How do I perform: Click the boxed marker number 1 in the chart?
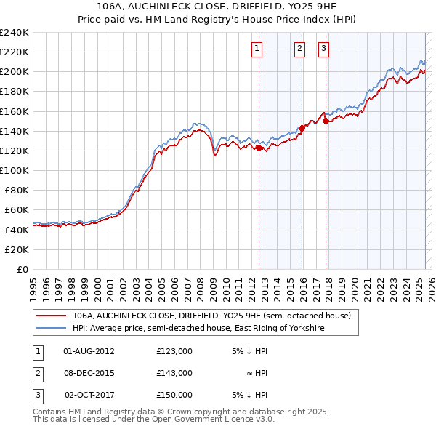click(258, 49)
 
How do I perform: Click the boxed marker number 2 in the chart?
click(299, 49)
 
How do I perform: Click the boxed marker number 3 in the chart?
click(323, 49)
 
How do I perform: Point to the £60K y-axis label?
click(17, 210)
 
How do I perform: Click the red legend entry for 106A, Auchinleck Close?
click(211, 316)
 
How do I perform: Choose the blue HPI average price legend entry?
click(197, 329)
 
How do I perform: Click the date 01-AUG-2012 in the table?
click(89, 351)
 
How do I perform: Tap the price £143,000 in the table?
click(174, 373)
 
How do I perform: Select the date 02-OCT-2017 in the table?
click(89, 395)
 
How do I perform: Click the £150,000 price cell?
click(174, 395)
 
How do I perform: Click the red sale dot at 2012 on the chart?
click(259, 148)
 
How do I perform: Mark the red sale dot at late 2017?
click(326, 121)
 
